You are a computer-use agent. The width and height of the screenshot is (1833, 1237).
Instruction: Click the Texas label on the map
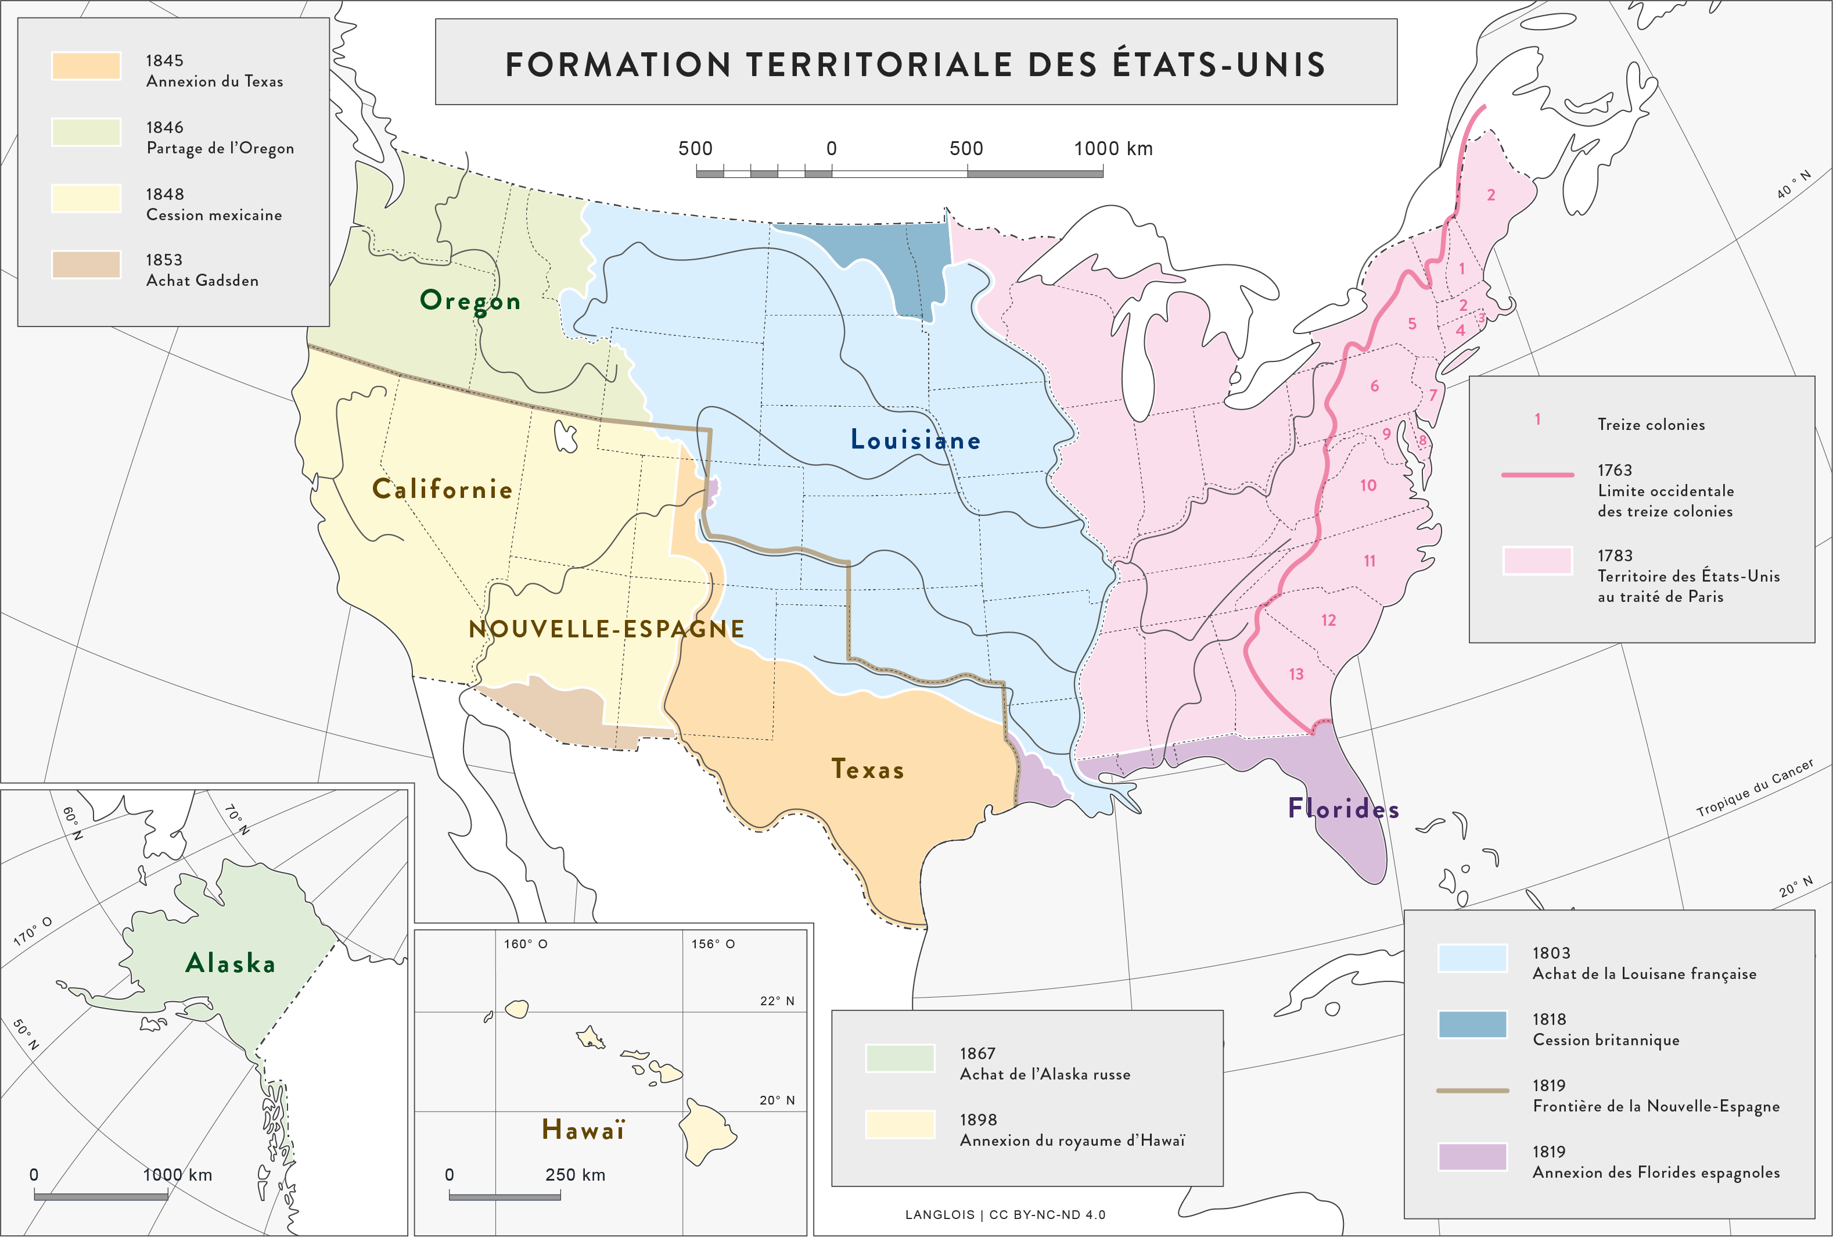coord(867,769)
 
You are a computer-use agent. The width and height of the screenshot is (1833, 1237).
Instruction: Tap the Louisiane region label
coord(915,440)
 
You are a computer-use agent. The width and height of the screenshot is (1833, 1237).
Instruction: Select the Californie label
coord(443,489)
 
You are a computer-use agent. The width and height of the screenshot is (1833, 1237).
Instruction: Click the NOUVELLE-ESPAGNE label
coord(606,629)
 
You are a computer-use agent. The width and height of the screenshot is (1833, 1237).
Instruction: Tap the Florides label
coord(1343,809)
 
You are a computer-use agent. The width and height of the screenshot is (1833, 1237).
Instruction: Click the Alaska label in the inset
coord(230,963)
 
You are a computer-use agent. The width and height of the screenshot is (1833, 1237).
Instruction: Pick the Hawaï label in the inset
coord(583,1130)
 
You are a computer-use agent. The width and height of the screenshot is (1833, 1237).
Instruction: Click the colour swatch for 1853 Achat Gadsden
coord(86,264)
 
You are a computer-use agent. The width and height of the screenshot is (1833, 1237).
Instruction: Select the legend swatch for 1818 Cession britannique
coord(1472,1024)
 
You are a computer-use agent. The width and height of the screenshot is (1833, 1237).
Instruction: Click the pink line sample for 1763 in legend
coord(1537,475)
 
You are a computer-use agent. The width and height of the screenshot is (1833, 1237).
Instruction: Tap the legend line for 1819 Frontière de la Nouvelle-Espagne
coord(1472,1090)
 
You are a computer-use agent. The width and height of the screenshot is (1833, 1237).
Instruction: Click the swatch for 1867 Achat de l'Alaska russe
coord(900,1058)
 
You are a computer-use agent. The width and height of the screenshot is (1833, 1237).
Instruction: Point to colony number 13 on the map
coord(1296,675)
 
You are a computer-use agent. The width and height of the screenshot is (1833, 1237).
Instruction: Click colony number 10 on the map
coord(1368,486)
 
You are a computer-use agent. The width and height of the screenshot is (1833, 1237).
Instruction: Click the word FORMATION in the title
coord(617,64)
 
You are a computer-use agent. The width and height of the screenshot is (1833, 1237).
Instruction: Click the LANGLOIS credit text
coord(940,1215)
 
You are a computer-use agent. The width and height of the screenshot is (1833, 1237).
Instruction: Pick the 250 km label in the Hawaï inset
coord(575,1175)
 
